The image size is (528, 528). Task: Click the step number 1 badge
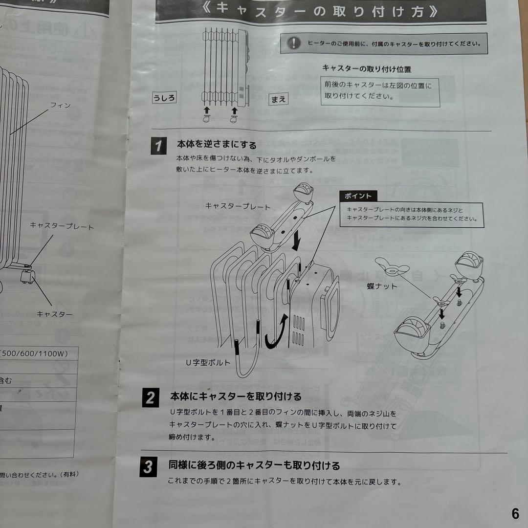point(158,146)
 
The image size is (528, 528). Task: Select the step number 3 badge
point(148,467)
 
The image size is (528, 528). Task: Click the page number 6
point(515,514)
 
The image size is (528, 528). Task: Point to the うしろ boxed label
point(164,97)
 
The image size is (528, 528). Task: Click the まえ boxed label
point(278,99)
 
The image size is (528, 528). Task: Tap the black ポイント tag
point(358,196)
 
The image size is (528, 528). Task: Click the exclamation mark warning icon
point(293,43)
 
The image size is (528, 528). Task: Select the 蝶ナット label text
point(382,286)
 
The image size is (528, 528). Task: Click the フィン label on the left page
point(61,105)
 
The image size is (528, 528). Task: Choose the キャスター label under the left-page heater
point(55,314)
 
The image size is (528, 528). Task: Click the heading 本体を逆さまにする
point(217,145)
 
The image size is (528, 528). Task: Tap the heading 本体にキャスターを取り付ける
point(236,396)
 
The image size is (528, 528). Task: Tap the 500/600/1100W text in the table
point(35,353)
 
